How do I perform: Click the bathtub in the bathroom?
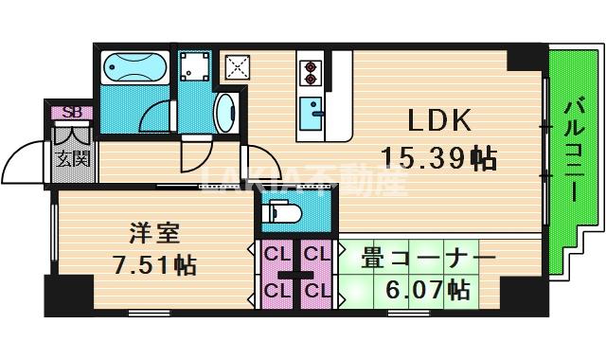pyautogui.click(x=134, y=69)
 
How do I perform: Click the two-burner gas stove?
pyautogui.click(x=310, y=71)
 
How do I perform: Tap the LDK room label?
pyautogui.click(x=439, y=120)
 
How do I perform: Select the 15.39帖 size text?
pyautogui.click(x=438, y=157)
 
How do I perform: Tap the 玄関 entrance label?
pyautogui.click(x=72, y=158)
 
